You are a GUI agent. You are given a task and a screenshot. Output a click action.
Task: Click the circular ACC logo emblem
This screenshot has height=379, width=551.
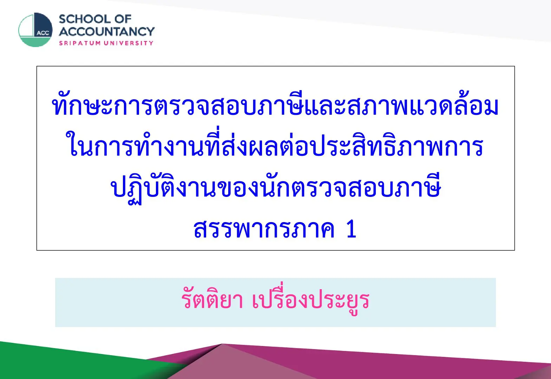pyautogui.click(x=35, y=30)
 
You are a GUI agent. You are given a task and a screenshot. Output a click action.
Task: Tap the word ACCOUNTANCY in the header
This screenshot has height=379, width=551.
pyautogui.click(x=107, y=32)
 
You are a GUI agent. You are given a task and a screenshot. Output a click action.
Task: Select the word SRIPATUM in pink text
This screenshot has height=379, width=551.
pyautogui.click(x=80, y=43)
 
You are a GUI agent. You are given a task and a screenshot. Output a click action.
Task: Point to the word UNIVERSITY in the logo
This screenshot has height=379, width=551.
pyautogui.click(x=129, y=43)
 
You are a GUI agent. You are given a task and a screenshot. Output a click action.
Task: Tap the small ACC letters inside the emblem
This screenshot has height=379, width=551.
pyautogui.click(x=43, y=33)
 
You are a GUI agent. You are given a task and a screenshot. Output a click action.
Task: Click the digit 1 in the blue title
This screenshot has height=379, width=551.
pyautogui.click(x=352, y=229)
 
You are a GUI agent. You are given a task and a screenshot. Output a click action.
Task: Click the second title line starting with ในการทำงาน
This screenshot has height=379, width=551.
pyautogui.click(x=275, y=145)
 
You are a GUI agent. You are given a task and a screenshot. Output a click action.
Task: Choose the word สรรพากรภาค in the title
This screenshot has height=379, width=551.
pyautogui.click(x=264, y=229)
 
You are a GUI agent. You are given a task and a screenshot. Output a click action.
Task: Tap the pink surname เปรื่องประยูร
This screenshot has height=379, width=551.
pyautogui.click(x=311, y=299)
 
